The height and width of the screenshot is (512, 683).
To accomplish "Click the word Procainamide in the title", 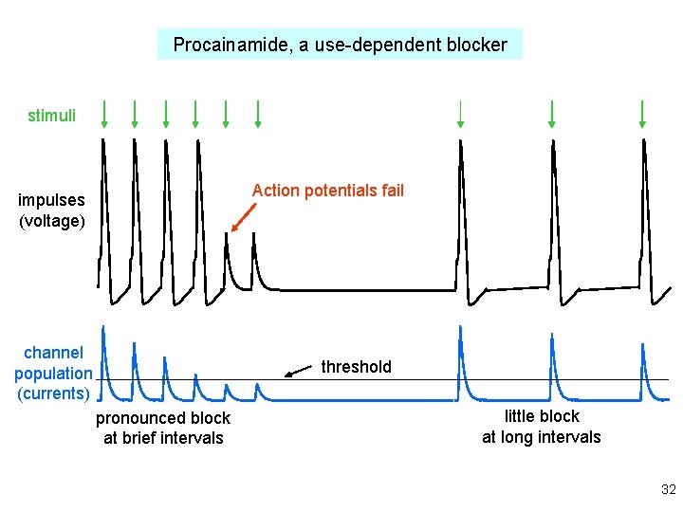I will pyautogui.click(x=227, y=45).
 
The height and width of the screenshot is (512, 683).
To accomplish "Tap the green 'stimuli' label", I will pyautogui.click(x=51, y=117).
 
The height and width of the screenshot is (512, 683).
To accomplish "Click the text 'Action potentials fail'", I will pyautogui.click(x=327, y=191).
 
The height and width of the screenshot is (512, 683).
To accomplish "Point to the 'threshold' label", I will pyautogui.click(x=356, y=367).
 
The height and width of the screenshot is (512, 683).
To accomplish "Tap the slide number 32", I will pyautogui.click(x=668, y=490).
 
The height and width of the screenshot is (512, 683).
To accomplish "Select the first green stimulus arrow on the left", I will pyautogui.click(x=104, y=114).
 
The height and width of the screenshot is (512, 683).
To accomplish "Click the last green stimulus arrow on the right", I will pyautogui.click(x=643, y=113).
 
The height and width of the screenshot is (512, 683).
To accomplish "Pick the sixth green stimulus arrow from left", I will pyautogui.click(x=257, y=114).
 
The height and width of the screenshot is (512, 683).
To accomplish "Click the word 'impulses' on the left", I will pyautogui.click(x=51, y=200).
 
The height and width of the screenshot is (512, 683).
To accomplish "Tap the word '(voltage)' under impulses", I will pyautogui.click(x=51, y=221).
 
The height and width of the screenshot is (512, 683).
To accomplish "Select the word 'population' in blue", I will pyautogui.click(x=53, y=374).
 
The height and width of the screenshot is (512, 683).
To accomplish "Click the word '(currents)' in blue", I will pyautogui.click(x=53, y=393).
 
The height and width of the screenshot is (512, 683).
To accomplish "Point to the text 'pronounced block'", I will pyautogui.click(x=163, y=418).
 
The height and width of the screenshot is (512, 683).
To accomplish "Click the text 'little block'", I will pyautogui.click(x=542, y=416).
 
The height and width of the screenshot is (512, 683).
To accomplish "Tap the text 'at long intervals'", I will pyautogui.click(x=542, y=437).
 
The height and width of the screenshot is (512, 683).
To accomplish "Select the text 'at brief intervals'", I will pyautogui.click(x=163, y=438).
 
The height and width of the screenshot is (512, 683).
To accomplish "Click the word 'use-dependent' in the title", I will pyautogui.click(x=378, y=45).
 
